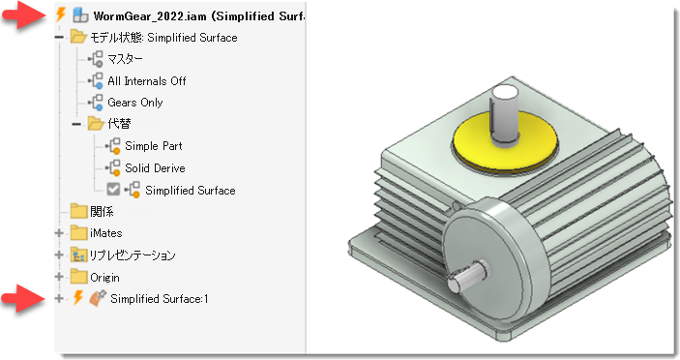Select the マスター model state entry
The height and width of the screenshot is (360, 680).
[125, 59]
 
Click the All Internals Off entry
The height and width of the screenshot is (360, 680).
[147, 81]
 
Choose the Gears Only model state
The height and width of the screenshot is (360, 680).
[134, 103]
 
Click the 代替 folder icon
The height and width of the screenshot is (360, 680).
[96, 124]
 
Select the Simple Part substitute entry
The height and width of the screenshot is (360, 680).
[154, 146]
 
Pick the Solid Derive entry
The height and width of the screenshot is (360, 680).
[155, 167]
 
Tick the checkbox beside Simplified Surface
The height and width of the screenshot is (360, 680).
[113, 189]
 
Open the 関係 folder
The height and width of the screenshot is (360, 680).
[78, 211]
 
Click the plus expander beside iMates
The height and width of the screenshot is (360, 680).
[59, 233]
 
